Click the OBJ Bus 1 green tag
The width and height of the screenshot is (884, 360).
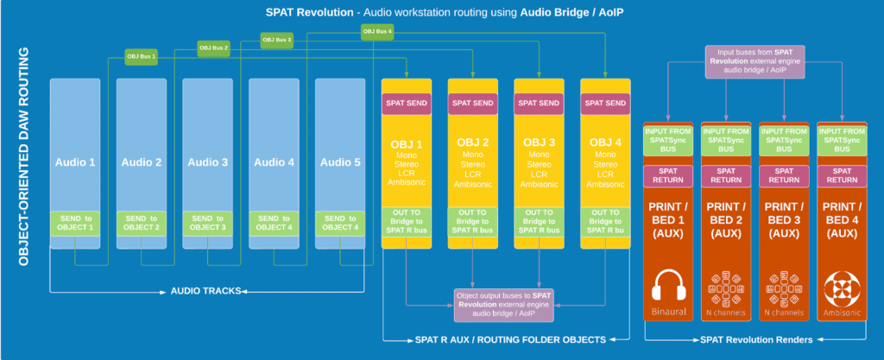142,57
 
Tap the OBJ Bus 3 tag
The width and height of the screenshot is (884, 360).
278,40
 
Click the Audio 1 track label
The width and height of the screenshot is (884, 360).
75,161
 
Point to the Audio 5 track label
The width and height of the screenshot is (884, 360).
340,161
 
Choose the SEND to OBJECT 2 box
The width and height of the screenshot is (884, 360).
142,223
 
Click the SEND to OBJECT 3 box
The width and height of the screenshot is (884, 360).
208,223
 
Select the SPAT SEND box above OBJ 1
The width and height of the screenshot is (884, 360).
407,103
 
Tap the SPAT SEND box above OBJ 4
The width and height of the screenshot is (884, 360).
605,103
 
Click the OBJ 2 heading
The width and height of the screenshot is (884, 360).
473,142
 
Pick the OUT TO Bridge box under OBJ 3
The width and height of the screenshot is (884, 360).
539,223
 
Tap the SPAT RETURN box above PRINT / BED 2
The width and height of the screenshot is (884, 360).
727,175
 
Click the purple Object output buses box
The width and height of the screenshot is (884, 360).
506,302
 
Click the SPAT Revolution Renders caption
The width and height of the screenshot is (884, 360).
756,340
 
